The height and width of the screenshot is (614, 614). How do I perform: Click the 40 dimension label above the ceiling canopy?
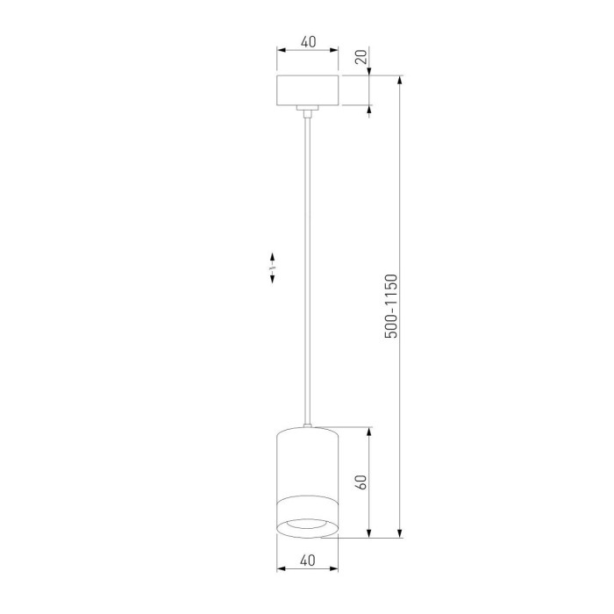tap(307, 41)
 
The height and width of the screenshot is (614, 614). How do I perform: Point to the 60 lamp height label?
tap(360, 482)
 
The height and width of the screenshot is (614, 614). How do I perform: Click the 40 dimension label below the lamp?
tap(307, 560)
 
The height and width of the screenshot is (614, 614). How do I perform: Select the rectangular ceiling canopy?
tap(307, 91)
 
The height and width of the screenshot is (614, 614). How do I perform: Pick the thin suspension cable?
tap(307, 263)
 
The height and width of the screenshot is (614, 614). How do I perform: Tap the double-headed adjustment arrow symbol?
tap(273, 267)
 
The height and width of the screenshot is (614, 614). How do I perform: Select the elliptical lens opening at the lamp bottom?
tap(307, 525)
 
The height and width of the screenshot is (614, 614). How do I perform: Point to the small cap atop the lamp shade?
tap(307, 426)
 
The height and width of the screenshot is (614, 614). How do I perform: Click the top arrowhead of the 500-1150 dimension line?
tap(401, 82)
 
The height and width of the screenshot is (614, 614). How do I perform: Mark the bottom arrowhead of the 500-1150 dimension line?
tap(401, 532)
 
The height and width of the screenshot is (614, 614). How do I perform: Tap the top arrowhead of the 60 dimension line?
tap(369, 432)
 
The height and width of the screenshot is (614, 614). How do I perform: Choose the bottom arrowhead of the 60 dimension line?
tap(369, 532)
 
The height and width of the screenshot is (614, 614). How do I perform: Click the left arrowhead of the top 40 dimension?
tap(281, 50)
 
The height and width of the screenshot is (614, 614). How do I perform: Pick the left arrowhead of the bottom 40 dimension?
tap(281, 569)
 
